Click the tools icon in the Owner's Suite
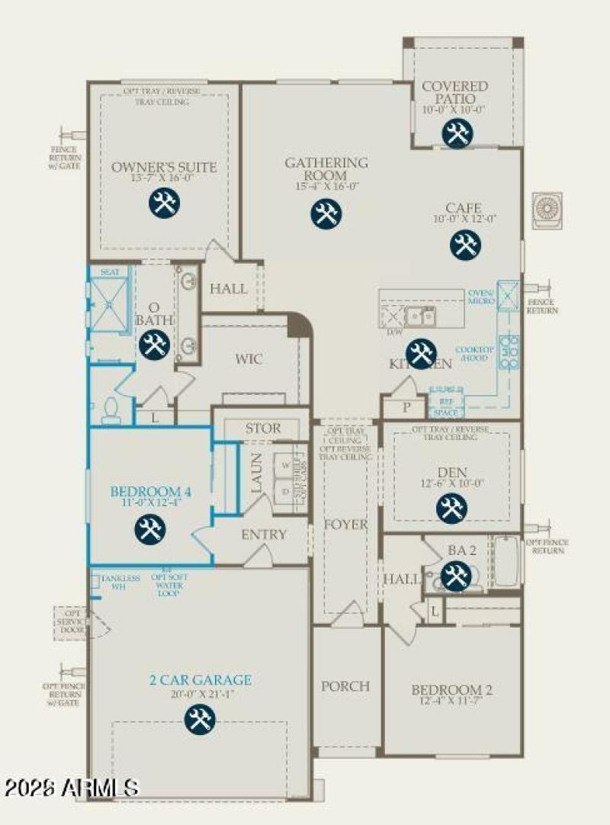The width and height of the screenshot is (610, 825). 163,204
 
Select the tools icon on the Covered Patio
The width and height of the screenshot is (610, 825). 457,134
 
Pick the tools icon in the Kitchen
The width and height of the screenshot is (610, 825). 420,353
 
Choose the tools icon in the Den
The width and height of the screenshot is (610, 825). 451,509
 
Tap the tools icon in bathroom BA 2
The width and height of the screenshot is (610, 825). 456,575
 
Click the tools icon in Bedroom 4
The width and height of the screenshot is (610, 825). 149,528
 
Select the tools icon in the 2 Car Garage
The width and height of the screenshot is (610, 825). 200,719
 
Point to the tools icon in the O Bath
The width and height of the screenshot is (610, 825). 155,344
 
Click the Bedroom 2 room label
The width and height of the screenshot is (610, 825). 452,691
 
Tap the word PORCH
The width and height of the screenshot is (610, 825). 345,686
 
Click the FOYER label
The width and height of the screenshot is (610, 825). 345,525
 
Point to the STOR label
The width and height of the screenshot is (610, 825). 262,429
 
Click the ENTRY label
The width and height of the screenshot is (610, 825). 264,534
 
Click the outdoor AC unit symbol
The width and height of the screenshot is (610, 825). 548,210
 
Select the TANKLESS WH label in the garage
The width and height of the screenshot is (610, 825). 120,583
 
